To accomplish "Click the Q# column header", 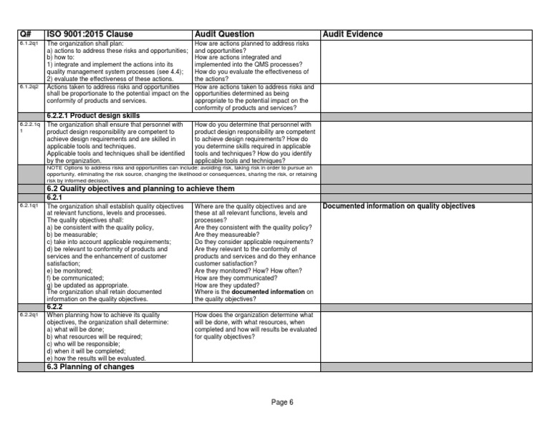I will [x=26, y=34].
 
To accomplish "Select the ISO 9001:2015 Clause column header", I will [x=90, y=34].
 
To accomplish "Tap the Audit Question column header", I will [x=224, y=34].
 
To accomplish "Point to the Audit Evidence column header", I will [x=353, y=34].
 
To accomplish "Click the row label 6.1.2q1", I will [x=28, y=44].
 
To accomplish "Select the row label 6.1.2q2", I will [x=28, y=87].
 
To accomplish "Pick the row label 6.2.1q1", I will [x=28, y=206].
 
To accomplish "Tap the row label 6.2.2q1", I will [x=28, y=316].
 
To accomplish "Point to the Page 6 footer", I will [x=282, y=402].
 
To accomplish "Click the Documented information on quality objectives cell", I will [x=399, y=206].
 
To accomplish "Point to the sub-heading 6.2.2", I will [x=54, y=307].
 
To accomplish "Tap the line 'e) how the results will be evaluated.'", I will [x=96, y=358].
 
